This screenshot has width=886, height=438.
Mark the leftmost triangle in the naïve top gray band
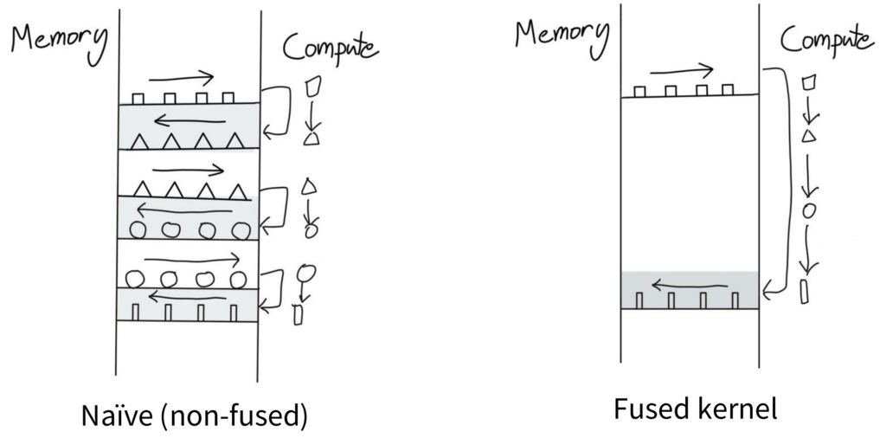tap(138, 139)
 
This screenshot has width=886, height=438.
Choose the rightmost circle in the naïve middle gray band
tap(241, 230)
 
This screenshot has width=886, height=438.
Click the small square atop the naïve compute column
tap(314, 87)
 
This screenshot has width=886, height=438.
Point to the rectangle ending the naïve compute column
tap(299, 315)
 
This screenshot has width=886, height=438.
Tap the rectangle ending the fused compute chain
tap(805, 290)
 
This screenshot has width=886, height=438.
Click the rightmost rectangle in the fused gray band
tap(735, 300)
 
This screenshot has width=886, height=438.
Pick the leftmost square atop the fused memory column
tap(639, 90)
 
